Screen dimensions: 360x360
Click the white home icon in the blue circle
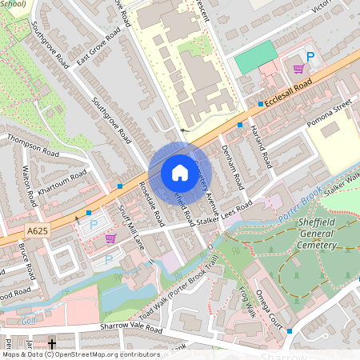(179, 173)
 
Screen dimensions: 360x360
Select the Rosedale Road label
(150, 204)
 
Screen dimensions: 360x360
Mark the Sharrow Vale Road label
(121, 328)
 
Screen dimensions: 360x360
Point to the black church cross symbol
(52, 345)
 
